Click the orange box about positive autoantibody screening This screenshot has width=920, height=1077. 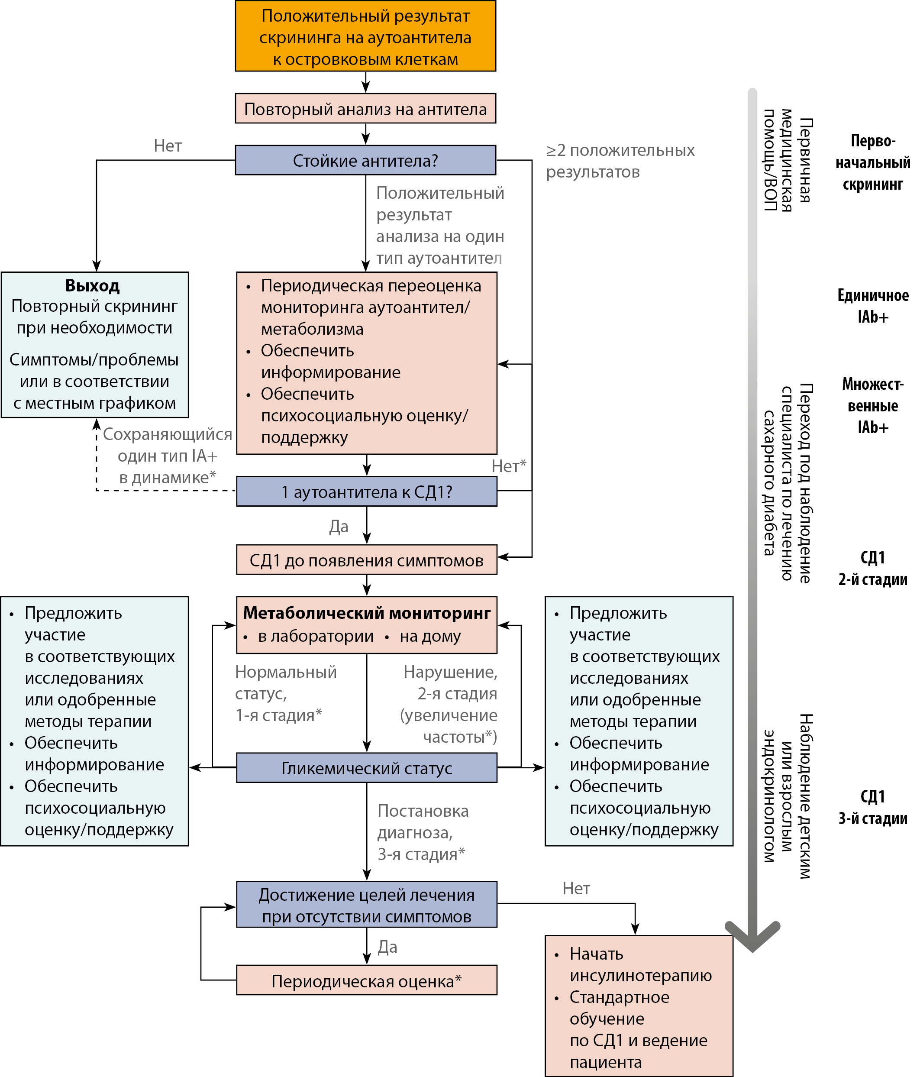365,36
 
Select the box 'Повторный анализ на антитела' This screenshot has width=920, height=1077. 365,108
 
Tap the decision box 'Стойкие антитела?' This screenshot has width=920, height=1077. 365,160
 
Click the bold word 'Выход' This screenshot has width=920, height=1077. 93,285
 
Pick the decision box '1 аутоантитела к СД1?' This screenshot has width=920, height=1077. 366,491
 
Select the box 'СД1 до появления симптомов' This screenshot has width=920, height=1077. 366,560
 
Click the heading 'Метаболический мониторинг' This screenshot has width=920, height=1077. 366,613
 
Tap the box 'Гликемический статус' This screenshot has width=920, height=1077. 366,767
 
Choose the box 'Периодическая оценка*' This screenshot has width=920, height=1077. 366,980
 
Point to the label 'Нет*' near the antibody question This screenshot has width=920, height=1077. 509,466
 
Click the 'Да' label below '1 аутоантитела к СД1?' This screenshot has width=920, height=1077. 339,527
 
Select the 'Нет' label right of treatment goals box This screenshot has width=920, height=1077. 576,888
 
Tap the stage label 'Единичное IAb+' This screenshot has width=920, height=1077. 873,306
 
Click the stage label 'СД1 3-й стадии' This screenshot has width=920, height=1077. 873,807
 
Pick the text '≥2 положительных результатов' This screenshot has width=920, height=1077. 620,161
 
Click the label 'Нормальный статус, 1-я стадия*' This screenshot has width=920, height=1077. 286,693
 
